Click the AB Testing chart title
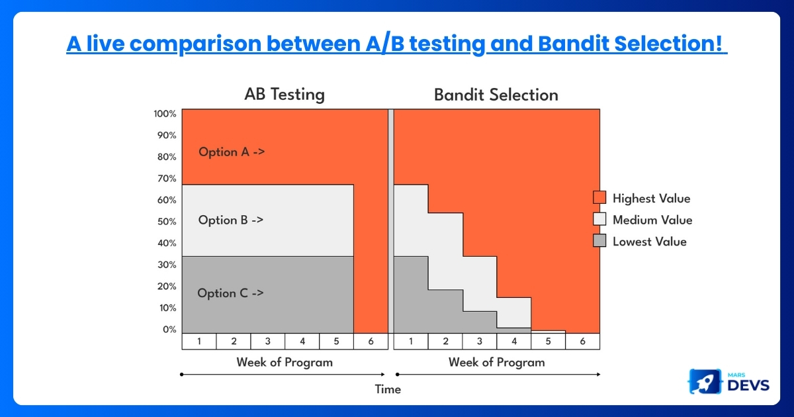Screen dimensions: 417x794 pyautogui.click(x=285, y=95)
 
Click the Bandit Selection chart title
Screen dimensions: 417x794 pyautogui.click(x=496, y=95)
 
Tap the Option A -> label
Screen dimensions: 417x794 pyautogui.click(x=232, y=152)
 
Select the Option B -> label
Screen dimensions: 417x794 pyautogui.click(x=230, y=220)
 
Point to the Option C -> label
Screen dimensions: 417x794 pyautogui.click(x=230, y=293)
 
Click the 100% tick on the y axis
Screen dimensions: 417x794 pyautogui.click(x=165, y=114)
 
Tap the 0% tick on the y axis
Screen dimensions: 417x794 pyautogui.click(x=169, y=330)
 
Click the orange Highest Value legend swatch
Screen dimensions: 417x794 pyautogui.click(x=599, y=198)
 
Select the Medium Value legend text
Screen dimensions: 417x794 pyautogui.click(x=652, y=220)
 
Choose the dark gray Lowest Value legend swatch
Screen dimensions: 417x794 pyautogui.click(x=599, y=241)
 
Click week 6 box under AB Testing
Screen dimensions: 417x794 pyautogui.click(x=371, y=342)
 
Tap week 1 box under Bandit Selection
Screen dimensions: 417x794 pyautogui.click(x=411, y=342)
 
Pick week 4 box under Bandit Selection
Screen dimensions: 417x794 pyautogui.click(x=513, y=342)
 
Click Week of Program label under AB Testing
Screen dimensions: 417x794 pyautogui.click(x=285, y=362)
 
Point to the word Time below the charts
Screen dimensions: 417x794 pyautogui.click(x=388, y=389)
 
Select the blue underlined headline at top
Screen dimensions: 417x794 pyautogui.click(x=396, y=44)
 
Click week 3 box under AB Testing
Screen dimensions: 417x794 pyautogui.click(x=267, y=342)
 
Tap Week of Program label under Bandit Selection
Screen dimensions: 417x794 pyautogui.click(x=496, y=362)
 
